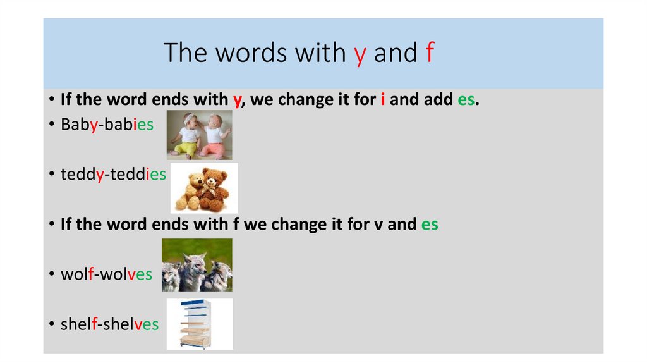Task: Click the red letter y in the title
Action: pyautogui.click(x=360, y=54)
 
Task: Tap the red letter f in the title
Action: pyautogui.click(x=429, y=53)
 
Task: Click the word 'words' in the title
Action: pyautogui.click(x=250, y=53)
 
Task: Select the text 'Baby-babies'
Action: pyautogui.click(x=107, y=125)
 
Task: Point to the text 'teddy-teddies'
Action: pyautogui.click(x=113, y=174)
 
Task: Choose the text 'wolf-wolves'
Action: pyautogui.click(x=106, y=274)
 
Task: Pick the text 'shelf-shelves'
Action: pyautogui.click(x=109, y=324)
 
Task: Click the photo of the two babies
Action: pyautogui.click(x=199, y=135)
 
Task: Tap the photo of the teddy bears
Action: pyautogui.click(x=204, y=188)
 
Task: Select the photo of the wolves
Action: pyautogui.click(x=197, y=265)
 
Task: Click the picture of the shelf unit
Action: pyautogui.click(x=199, y=324)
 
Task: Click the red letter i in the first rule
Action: pyautogui.click(x=383, y=100)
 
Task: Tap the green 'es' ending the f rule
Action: pyautogui.click(x=430, y=224)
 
